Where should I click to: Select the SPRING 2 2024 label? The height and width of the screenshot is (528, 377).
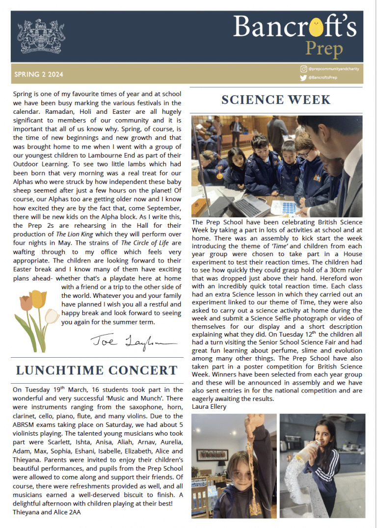[39, 75]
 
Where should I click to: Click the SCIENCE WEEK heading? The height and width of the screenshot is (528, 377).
[276, 100]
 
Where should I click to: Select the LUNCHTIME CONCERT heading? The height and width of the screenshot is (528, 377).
[96, 370]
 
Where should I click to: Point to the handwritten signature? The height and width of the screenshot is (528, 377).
[126, 341]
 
